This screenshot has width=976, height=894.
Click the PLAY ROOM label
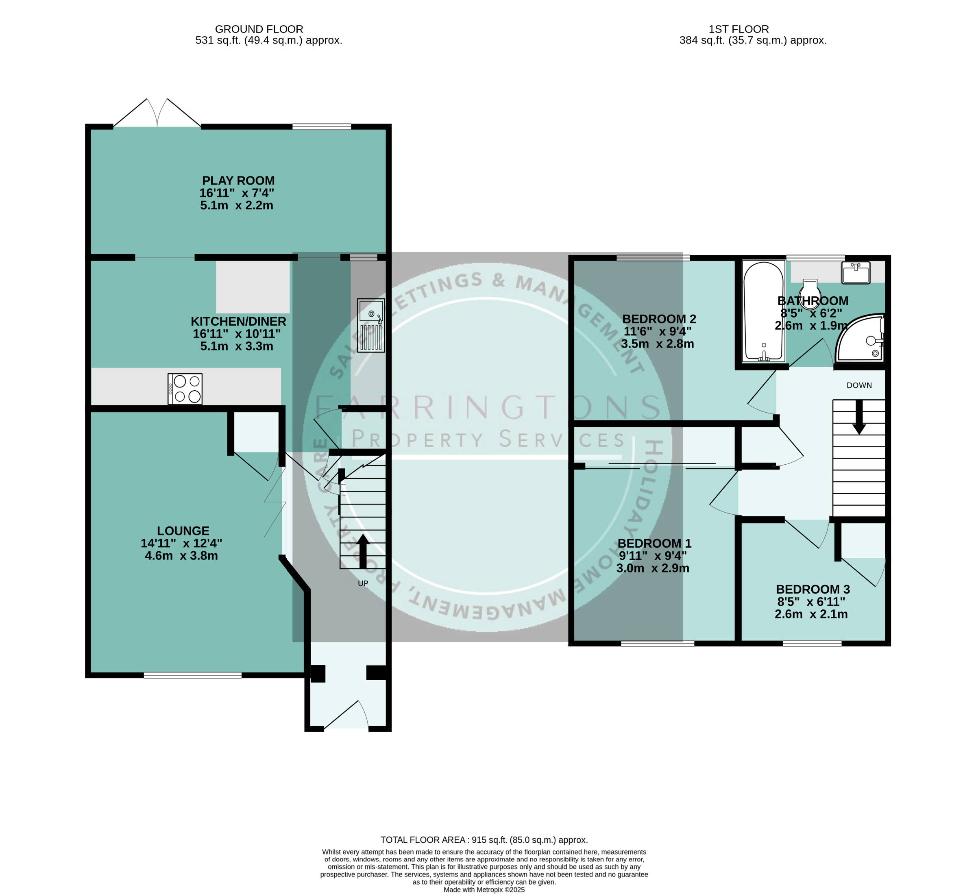coord(238,181)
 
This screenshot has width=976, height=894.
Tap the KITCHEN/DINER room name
coord(238,322)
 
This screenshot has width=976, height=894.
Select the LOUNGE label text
coord(183,531)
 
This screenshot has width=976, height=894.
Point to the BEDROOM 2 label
coord(659,319)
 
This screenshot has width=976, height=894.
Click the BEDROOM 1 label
coord(655,544)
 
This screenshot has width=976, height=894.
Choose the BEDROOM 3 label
coord(813,589)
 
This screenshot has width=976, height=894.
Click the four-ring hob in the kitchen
coord(185,389)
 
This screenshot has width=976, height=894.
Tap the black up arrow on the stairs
coord(363,551)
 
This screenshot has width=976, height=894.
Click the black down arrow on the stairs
coord(859,417)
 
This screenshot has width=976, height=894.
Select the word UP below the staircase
coord(363,583)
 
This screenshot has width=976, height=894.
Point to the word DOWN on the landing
coord(859,385)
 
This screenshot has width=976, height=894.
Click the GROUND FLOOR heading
coord(259,29)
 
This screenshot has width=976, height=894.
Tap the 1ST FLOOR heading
coord(739,29)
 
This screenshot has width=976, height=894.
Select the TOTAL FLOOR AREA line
coord(484,840)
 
